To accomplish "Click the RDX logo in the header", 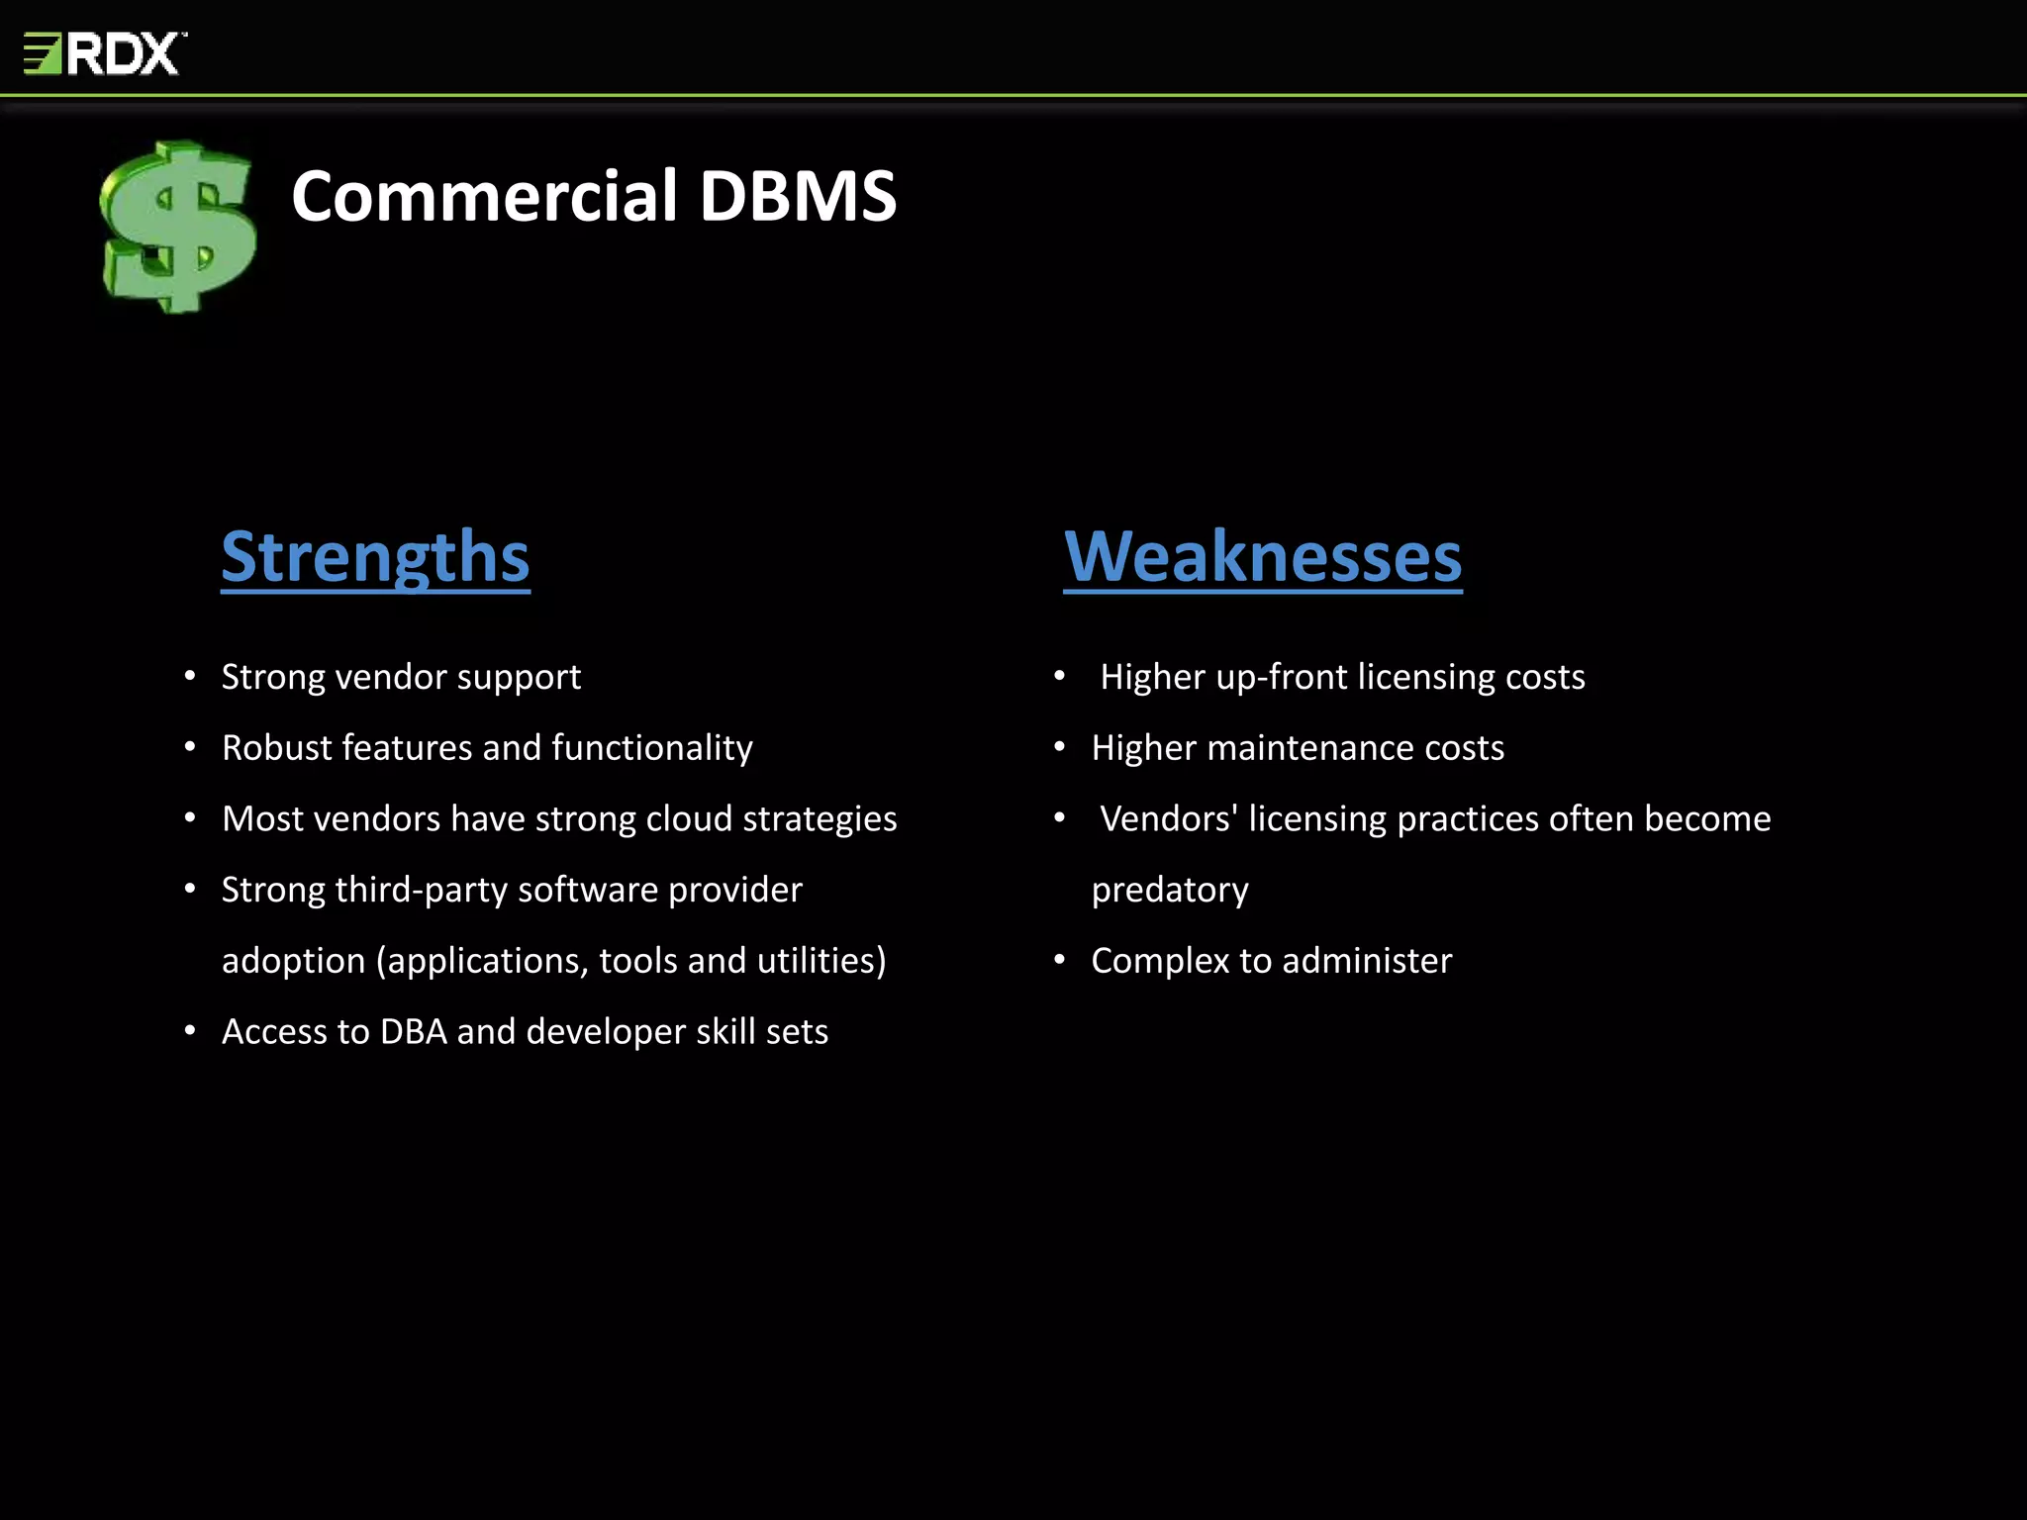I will click(x=105, y=53).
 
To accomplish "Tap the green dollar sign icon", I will click(x=179, y=227).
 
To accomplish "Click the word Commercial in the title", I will click(x=484, y=196).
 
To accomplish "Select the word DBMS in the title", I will click(x=798, y=196).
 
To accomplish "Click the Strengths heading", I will click(x=375, y=557).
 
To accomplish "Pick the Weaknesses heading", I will click(x=1263, y=557).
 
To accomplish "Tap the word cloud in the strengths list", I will click(x=689, y=819).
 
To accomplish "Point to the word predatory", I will click(x=1170, y=891).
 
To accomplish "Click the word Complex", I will click(x=1160, y=961).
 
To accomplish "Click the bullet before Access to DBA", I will click(x=190, y=1031).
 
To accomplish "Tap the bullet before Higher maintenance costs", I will click(x=1059, y=747).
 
